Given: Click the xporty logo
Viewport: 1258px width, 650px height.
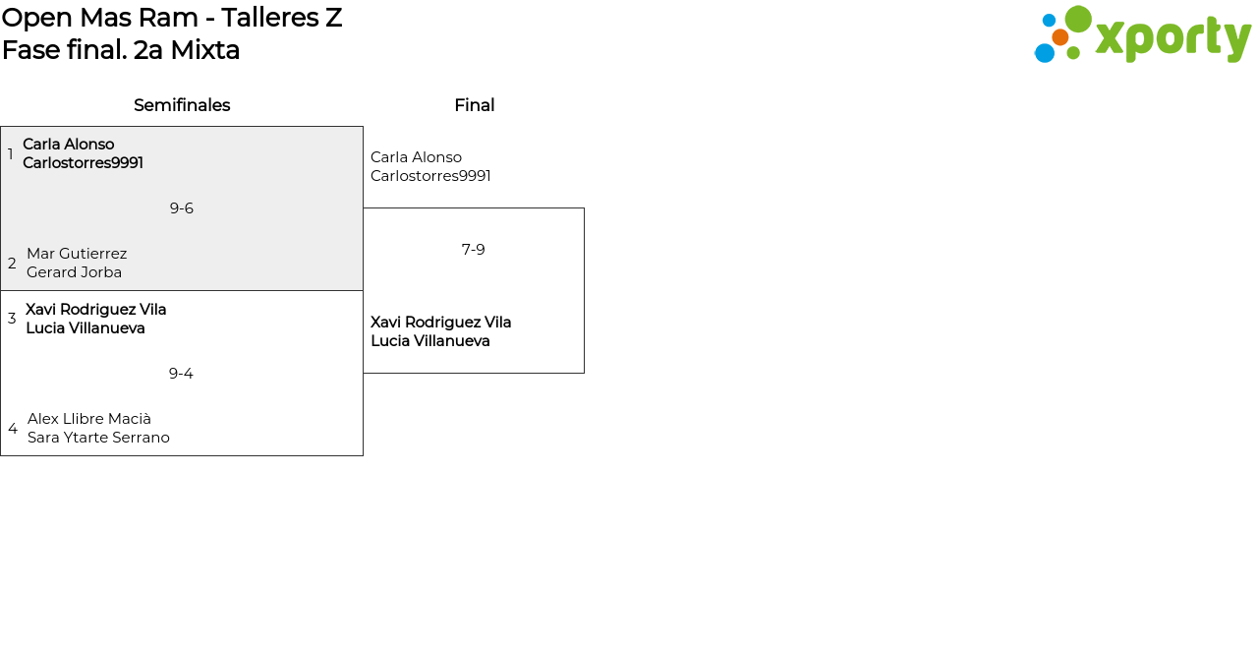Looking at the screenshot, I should tap(1142, 35).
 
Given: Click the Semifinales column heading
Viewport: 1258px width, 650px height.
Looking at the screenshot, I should tap(182, 105).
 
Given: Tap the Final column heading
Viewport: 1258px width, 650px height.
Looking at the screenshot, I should tap(474, 105).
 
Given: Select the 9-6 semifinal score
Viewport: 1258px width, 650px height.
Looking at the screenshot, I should tap(182, 208).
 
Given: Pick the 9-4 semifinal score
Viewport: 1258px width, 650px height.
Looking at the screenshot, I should tap(181, 374).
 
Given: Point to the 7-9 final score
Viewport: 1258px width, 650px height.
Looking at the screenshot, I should tap(474, 250).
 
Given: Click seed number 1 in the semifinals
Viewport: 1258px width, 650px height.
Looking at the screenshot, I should tap(11, 154).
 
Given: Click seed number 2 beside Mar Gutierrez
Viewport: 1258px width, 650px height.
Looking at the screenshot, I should tap(12, 264).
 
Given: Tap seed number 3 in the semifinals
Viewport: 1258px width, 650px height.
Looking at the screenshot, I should tap(12, 319).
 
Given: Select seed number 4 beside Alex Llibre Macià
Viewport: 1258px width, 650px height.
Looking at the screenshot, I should tap(13, 429).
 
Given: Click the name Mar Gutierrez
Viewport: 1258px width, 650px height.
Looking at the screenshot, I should tap(77, 254).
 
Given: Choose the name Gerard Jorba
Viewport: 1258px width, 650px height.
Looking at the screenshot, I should tap(75, 272).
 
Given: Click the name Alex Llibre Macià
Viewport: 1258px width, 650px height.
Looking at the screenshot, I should tap(89, 419).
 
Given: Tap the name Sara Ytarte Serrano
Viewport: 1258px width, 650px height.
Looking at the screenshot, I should tap(98, 438).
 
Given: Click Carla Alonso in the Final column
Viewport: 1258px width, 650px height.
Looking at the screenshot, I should tap(416, 157).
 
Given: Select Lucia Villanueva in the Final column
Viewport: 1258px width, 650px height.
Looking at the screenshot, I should tap(430, 341).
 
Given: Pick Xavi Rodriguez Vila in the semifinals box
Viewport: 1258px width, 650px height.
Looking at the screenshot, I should tap(96, 310).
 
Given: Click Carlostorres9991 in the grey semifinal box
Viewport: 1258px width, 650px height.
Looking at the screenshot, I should tap(84, 163).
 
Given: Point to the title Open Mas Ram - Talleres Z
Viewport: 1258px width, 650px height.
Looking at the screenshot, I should tap(172, 18).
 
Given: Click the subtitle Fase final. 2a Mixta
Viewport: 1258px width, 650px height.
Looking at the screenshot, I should tap(121, 50).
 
